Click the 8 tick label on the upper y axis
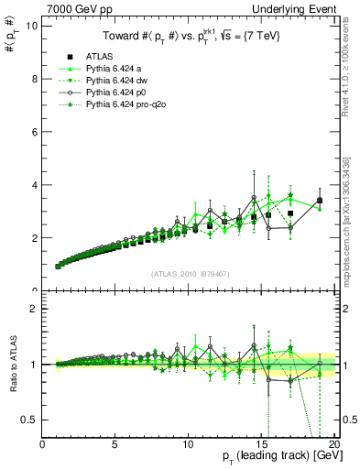coord(33,79)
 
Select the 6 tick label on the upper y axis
coord(33,132)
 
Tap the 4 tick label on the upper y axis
coord(33,185)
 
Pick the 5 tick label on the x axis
coord(115,444)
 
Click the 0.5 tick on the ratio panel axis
coord(29,420)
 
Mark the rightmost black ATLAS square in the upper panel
coord(320,201)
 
